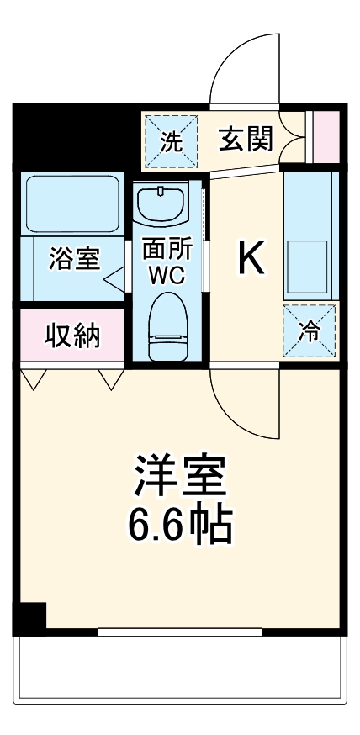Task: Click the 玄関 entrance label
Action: [246, 139]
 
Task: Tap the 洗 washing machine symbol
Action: [171, 140]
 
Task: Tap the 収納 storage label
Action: [72, 336]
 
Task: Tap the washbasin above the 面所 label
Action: [162, 207]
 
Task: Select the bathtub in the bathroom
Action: [72, 204]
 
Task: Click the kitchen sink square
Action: [308, 254]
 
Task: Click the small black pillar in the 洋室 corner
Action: [32, 619]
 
